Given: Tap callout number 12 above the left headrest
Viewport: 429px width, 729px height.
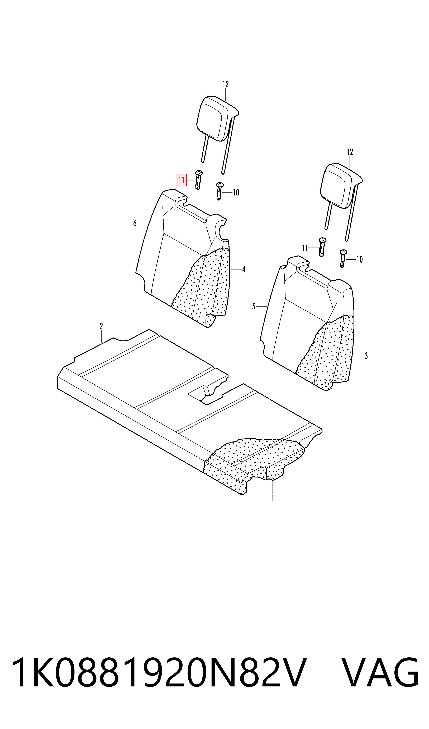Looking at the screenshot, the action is (226, 84).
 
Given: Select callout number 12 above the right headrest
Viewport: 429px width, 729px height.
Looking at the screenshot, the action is (350, 152).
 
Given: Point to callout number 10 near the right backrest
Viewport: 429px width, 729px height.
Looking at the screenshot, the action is (359, 260).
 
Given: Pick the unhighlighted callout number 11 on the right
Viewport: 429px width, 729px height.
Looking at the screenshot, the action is (305, 248).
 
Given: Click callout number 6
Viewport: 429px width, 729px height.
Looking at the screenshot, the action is (135, 224).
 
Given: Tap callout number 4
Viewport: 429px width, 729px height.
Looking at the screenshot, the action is (244, 270).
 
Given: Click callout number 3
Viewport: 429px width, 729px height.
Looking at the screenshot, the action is (366, 356).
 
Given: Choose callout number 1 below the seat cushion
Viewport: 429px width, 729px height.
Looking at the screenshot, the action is (273, 498).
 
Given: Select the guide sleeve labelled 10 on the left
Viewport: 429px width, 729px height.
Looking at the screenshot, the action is (219, 191).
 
